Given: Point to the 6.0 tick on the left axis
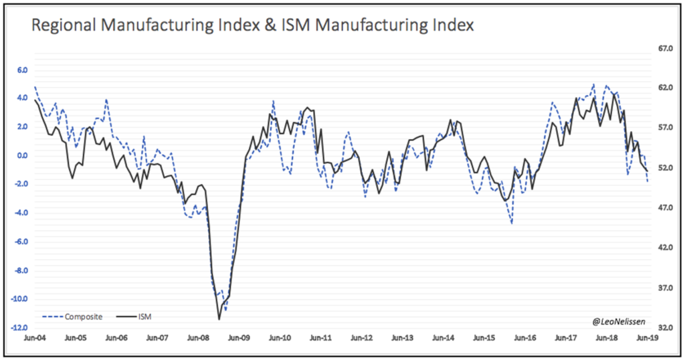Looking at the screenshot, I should [x=21, y=70].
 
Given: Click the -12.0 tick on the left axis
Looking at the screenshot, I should [x=19, y=328].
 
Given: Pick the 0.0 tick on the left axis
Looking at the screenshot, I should [x=21, y=156].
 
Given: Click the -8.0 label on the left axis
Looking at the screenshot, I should [x=20, y=270].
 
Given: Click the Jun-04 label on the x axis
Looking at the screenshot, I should [x=34, y=339].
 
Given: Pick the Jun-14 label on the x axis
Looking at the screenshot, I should [x=444, y=339].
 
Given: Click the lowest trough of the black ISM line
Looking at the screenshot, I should [x=219, y=319].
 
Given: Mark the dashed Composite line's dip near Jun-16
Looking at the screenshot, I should [x=512, y=223].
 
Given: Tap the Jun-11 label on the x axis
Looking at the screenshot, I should [x=320, y=339].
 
